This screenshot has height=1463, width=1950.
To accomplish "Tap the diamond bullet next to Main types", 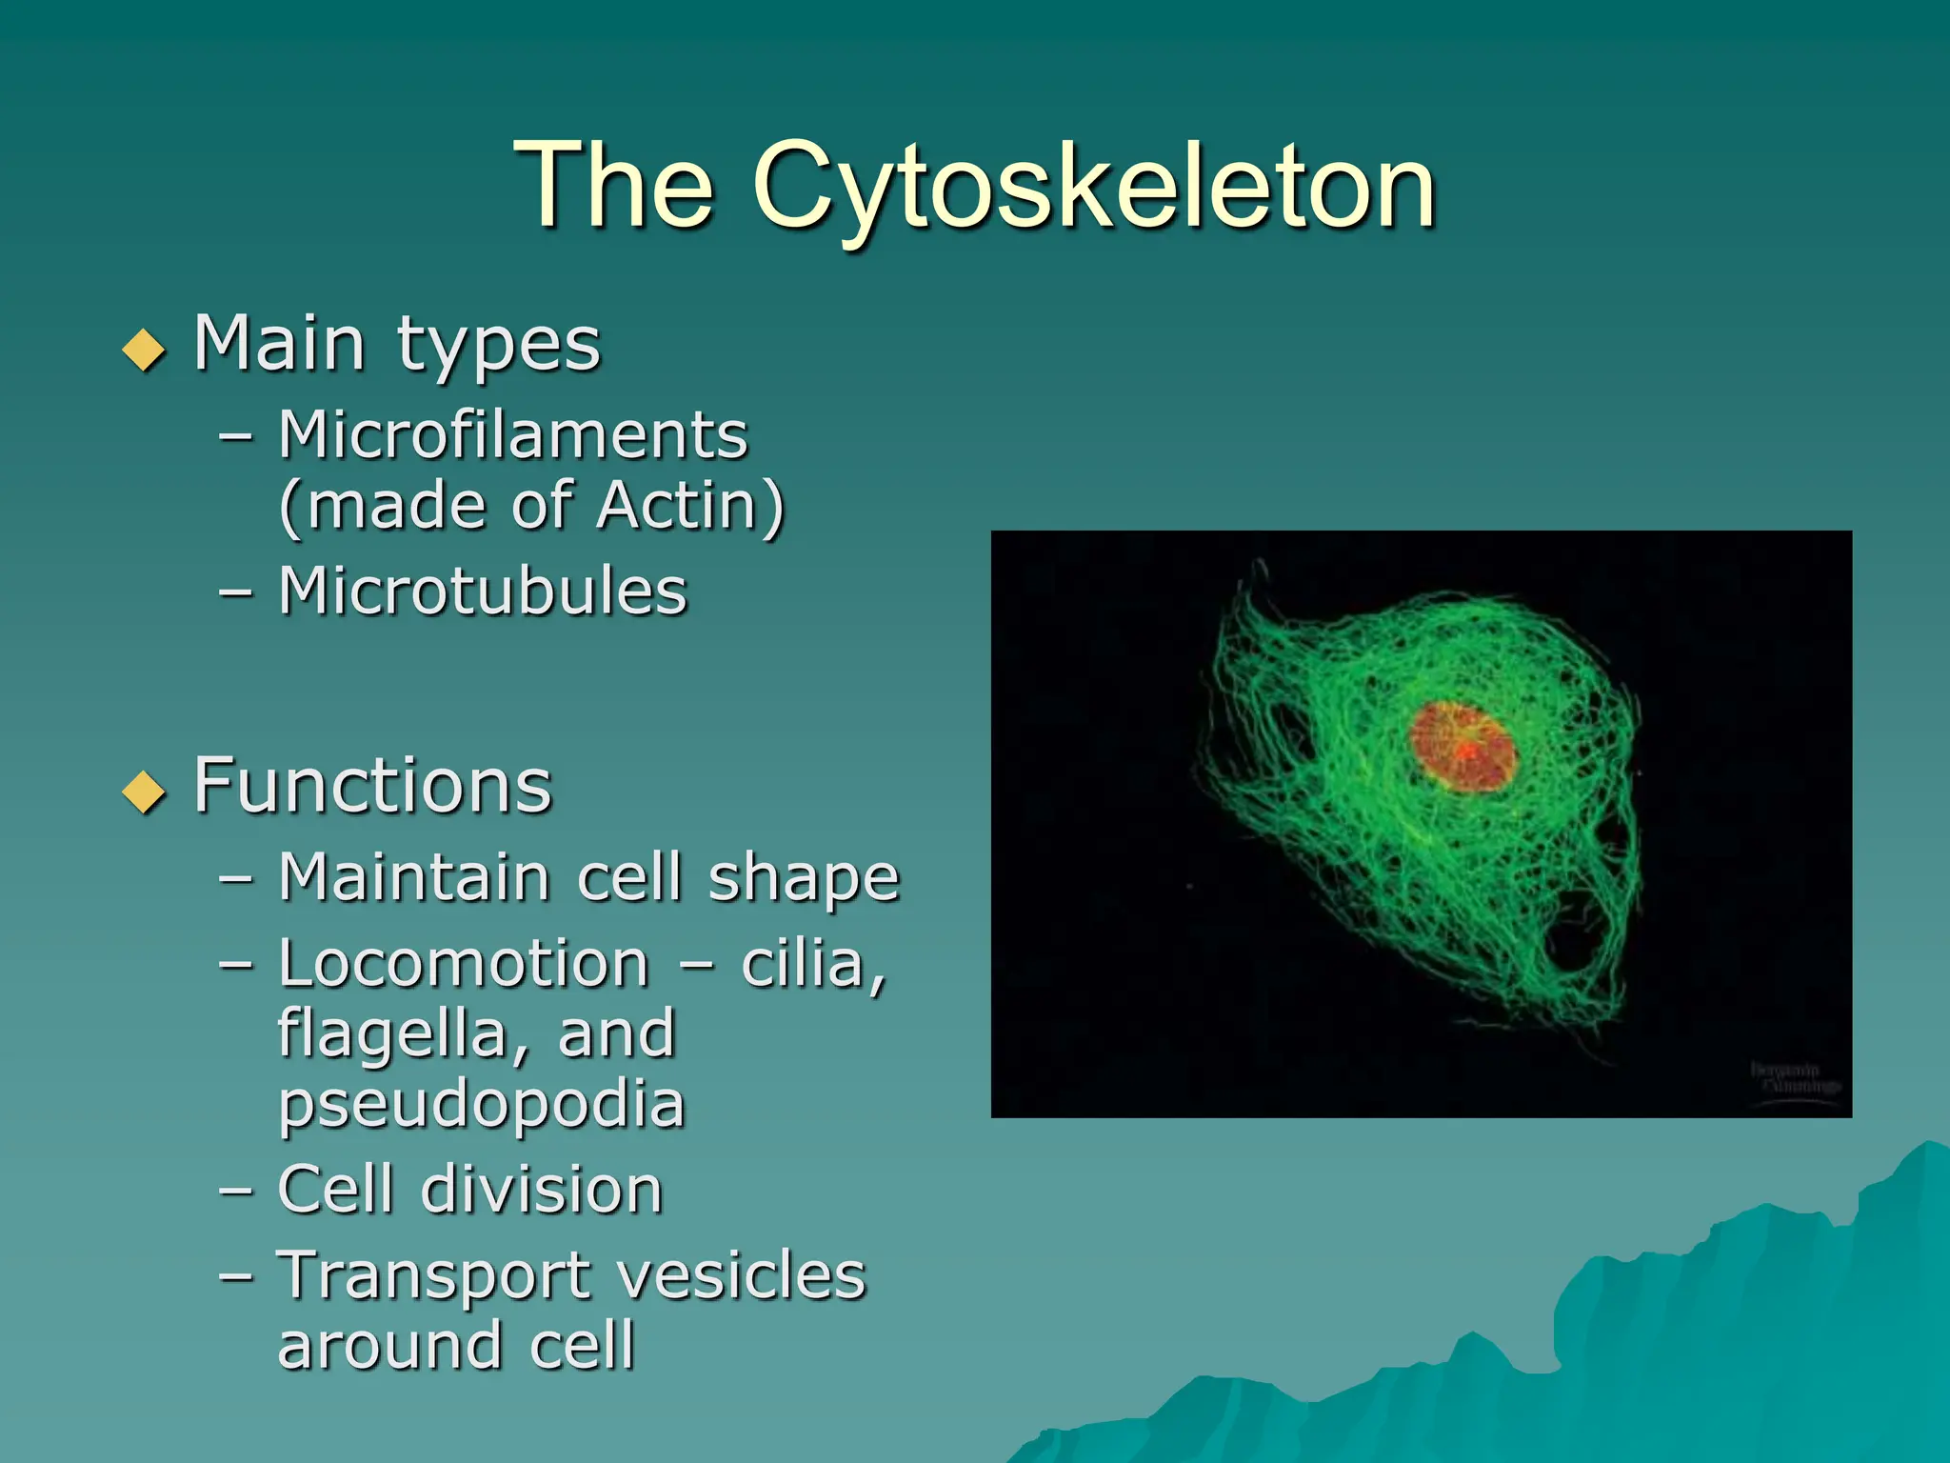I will click(x=145, y=350).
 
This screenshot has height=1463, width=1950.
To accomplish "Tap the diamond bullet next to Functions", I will click(x=145, y=792).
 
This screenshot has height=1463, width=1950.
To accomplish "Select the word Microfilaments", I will click(x=513, y=435).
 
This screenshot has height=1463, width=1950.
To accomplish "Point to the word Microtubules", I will click(x=483, y=591).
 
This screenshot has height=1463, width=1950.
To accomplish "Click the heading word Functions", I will click(x=372, y=786).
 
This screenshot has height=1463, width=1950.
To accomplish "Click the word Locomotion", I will click(x=464, y=963).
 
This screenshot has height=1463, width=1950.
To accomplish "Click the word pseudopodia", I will click(x=481, y=1106).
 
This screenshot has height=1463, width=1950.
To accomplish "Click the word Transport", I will click(x=433, y=1276).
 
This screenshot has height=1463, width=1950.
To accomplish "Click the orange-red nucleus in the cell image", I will click(x=1462, y=747).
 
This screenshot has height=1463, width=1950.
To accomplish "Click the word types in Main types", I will click(x=499, y=345).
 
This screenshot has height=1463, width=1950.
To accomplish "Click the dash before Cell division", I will click(x=236, y=1191).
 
